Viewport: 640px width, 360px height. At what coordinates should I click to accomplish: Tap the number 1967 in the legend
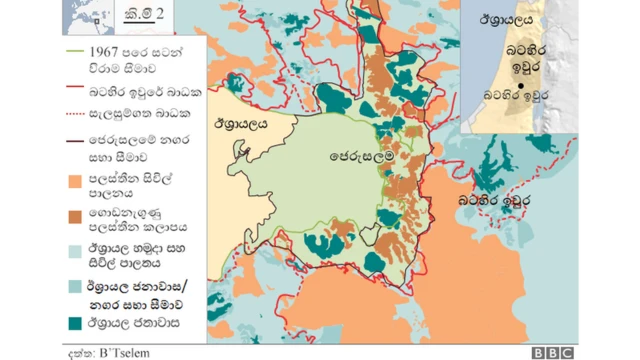tap(109, 49)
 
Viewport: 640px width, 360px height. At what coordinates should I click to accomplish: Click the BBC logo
tap(552, 352)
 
